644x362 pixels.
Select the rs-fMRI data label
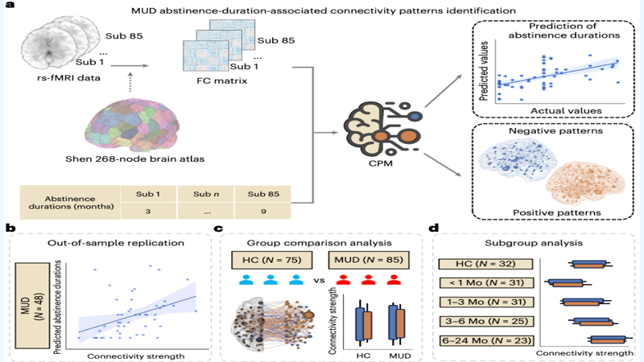click(x=54, y=77)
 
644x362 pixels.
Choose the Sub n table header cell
click(x=205, y=193)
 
